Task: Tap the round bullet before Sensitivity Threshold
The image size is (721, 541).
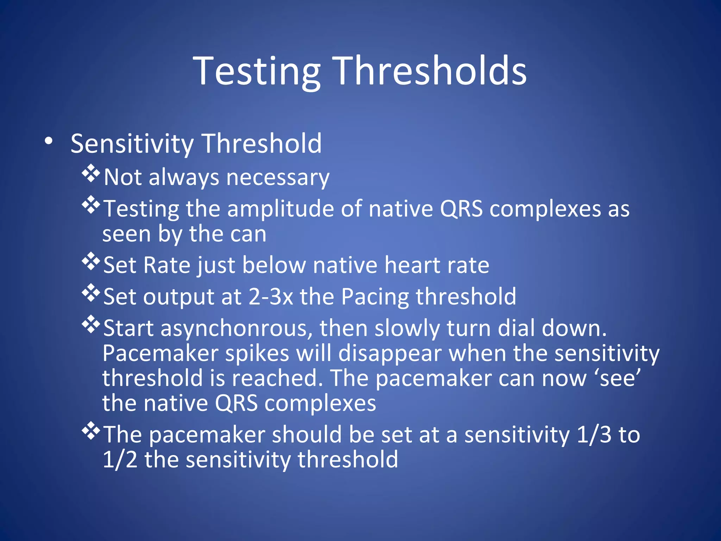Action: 49,141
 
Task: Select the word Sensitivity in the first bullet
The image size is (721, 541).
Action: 132,144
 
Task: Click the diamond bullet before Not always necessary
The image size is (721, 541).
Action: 91,173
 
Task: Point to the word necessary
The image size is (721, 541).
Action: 278,177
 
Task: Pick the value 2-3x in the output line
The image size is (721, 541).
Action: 271,297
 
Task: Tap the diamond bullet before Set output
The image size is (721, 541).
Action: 91,293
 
